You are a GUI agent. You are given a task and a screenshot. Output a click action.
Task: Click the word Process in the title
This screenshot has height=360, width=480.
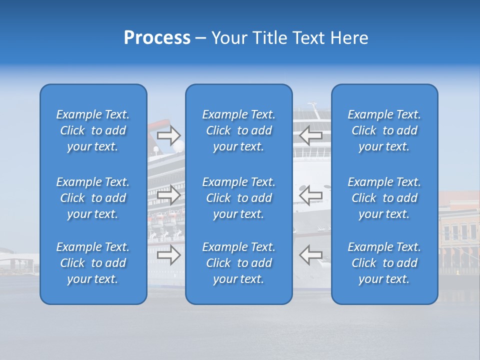157,38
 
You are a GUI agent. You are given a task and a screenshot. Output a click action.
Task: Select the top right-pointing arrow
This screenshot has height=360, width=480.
168,135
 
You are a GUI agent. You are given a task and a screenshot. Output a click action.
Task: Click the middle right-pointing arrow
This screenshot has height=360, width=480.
168,194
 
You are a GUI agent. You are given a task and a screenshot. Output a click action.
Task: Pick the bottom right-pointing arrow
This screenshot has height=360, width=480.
168,254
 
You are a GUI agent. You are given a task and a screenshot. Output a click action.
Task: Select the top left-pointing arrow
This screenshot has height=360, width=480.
310,135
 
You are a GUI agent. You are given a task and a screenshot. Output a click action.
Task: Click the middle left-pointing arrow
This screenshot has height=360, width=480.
310,194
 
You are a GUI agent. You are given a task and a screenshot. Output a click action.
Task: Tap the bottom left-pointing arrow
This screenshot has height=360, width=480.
310,254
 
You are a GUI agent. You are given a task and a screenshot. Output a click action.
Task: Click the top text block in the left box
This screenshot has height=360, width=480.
93,130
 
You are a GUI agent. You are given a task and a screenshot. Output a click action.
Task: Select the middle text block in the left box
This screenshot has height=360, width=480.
93,198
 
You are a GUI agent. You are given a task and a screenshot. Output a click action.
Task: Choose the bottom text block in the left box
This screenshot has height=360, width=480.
93,263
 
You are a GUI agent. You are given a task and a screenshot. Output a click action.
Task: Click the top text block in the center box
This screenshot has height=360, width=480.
238,130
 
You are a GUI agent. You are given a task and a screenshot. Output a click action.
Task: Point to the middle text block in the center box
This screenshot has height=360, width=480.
238,198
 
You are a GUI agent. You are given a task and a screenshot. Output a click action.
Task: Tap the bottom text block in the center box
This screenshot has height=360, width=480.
238,263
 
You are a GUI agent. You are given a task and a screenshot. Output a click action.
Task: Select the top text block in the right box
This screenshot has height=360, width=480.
384,130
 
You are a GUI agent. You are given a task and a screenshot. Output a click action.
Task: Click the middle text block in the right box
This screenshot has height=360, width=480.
384,198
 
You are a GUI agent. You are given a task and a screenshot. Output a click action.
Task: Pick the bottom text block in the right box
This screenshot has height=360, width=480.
384,263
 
